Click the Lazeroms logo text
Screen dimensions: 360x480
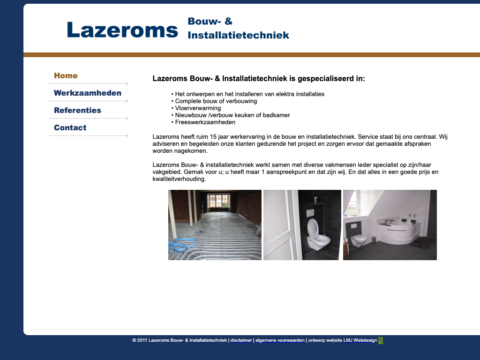[122, 30]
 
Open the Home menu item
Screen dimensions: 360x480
[66, 76]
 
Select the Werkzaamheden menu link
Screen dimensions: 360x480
[88, 93]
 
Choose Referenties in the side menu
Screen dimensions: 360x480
[77, 111]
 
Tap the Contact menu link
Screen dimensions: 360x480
[70, 128]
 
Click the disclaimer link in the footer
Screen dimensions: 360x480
[241, 340]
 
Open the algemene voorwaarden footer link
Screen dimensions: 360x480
[280, 340]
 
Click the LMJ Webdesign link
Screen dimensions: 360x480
[360, 340]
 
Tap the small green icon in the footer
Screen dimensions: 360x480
[381, 340]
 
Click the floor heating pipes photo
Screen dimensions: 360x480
[215, 225]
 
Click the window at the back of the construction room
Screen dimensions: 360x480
[218, 200]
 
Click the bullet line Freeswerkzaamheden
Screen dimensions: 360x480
[205, 122]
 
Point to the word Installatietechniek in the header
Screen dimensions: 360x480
[238, 35]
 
